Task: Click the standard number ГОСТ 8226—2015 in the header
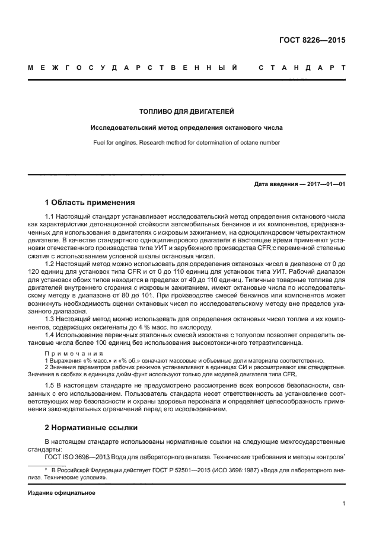point(313,41)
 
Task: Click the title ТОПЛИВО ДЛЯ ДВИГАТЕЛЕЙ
point(186,111)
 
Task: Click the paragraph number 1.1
point(50,217)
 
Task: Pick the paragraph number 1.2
point(50,263)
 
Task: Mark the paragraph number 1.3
point(50,318)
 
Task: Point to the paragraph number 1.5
point(50,386)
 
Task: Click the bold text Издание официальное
point(61,492)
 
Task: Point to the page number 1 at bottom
point(343,504)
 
